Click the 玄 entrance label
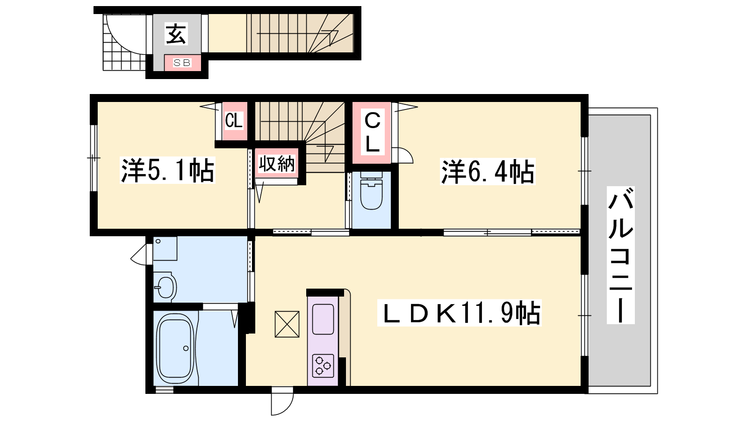click(176, 34)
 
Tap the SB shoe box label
click(182, 63)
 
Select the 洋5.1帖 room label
click(167, 170)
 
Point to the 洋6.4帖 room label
click(488, 171)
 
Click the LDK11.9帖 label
click(459, 313)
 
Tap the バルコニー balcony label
click(620, 255)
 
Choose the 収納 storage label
click(277, 164)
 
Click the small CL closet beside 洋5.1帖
click(234, 121)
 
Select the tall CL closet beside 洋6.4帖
click(372, 133)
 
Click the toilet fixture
click(371, 191)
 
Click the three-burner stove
click(323, 365)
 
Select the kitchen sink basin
click(323, 319)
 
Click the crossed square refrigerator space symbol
click(287, 324)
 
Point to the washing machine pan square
click(165, 248)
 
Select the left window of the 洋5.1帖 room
click(94, 158)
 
